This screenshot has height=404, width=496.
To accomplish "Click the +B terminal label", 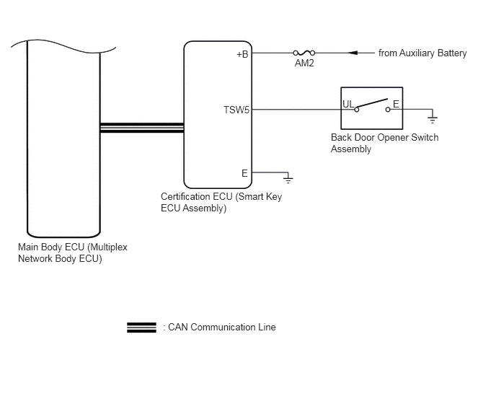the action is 242,54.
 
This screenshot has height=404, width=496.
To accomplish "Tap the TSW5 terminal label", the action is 236,110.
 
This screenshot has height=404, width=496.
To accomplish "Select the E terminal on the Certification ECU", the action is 244,174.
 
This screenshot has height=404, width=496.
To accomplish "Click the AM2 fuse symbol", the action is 304,53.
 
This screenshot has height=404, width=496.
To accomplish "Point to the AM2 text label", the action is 304,63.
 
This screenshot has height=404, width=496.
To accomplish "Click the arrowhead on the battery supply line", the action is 353,53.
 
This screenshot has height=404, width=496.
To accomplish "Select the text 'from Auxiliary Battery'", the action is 422,53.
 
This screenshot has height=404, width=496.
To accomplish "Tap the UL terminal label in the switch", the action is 348,104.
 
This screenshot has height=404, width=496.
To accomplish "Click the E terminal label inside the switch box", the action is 396,104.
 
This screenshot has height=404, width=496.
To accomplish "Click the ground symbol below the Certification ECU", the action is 288,180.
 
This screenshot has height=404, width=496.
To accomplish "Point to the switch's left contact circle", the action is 356,110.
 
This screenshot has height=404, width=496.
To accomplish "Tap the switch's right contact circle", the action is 388,110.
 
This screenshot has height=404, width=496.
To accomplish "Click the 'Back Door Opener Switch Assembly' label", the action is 384,143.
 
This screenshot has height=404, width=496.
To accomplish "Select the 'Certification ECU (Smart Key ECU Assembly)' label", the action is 221,202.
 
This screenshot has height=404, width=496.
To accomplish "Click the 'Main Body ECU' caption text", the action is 73,252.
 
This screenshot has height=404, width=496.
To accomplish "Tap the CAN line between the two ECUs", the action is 142,128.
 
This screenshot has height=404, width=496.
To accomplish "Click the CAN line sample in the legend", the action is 141,328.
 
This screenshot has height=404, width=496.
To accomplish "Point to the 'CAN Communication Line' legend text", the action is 222,327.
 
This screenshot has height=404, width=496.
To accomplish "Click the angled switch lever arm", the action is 372,104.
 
